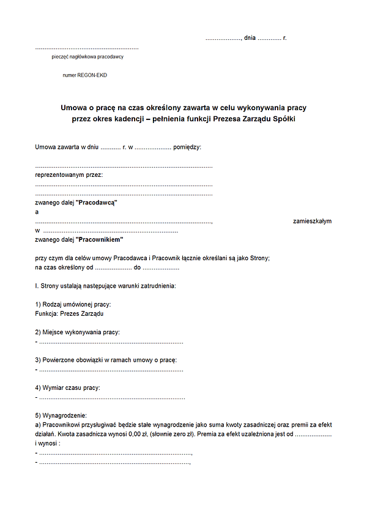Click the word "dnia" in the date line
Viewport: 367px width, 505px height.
(250, 38)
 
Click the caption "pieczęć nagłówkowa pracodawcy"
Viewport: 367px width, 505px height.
(88, 57)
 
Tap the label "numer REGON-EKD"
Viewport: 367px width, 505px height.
(85, 75)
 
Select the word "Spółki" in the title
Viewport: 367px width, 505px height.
(282, 119)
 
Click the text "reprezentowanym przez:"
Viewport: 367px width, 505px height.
(69, 174)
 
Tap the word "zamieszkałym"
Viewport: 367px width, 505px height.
(312, 221)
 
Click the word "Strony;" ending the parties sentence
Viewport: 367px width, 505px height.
(259, 258)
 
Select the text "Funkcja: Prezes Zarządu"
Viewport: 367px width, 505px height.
(70, 313)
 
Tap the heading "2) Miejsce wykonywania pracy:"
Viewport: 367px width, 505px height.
(78, 332)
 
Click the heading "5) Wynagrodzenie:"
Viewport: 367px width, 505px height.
(61, 416)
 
